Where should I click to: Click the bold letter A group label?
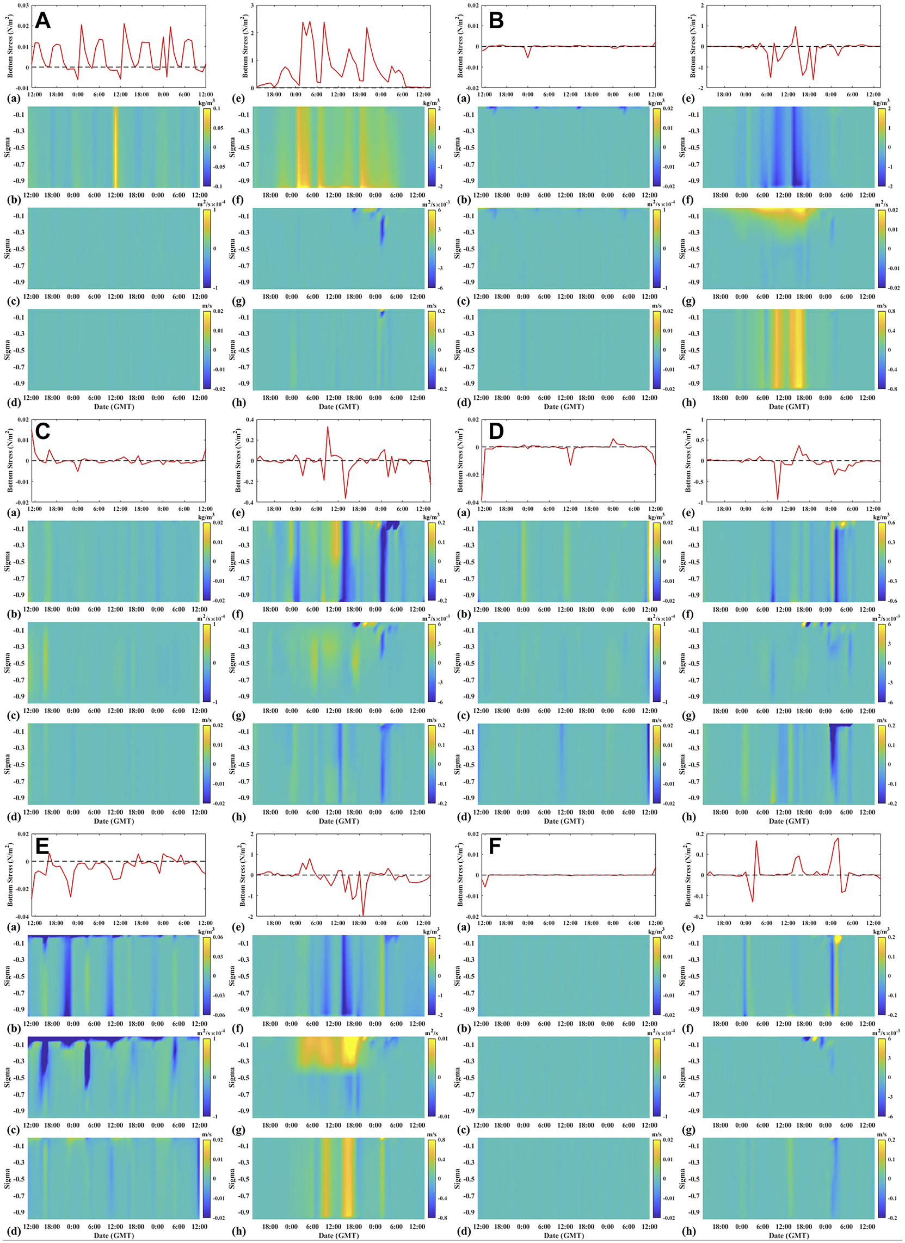tap(42, 21)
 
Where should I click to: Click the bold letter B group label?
tap(496, 21)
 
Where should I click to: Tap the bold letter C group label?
tap(42, 431)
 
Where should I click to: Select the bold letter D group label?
tap(496, 431)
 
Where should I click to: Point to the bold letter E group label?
tap(42, 846)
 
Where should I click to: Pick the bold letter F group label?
tap(495, 846)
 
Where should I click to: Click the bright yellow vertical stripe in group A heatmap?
tap(115, 147)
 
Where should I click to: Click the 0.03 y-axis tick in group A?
tap(22, 5)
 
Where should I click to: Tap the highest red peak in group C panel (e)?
tap(328, 428)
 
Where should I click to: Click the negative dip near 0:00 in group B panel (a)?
tap(528, 57)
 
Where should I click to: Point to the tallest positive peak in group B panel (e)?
tap(796, 27)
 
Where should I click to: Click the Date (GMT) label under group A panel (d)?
tap(114, 407)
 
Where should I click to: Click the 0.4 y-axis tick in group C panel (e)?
tap(249, 420)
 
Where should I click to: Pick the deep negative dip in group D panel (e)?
tap(777, 498)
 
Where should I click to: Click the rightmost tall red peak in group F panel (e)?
tap(837, 839)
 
